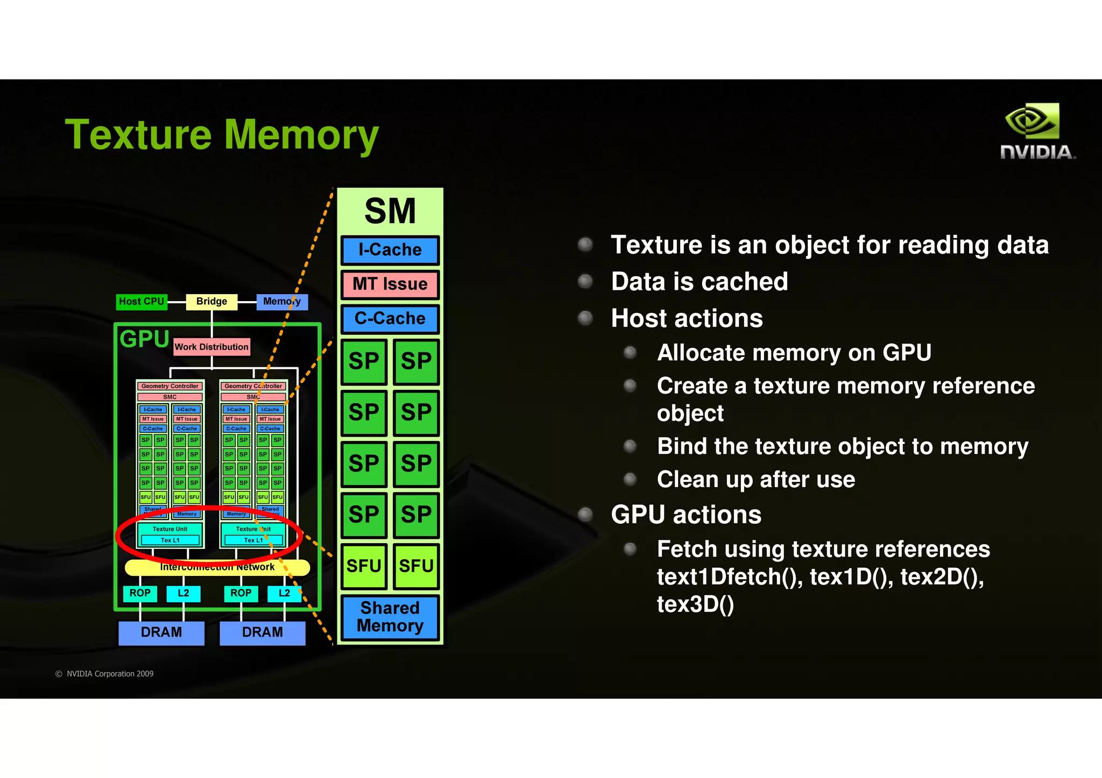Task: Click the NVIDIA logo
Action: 1037,132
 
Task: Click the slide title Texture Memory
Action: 222,134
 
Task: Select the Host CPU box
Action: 142,302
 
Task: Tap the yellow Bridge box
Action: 211,302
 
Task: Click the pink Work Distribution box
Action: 211,347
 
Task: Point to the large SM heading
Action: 390,211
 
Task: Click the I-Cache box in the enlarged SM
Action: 390,250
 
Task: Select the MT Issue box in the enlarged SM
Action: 390,284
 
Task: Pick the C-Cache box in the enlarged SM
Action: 390,318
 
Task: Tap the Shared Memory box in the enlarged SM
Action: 390,617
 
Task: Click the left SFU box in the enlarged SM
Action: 364,566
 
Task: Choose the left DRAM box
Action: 161,632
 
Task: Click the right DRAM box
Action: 263,632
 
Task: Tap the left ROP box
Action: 140,593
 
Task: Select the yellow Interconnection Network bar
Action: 217,567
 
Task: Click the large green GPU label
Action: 144,339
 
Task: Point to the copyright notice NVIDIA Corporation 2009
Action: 105,674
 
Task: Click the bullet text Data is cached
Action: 699,282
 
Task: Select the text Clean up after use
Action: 755,479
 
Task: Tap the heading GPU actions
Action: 686,515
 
